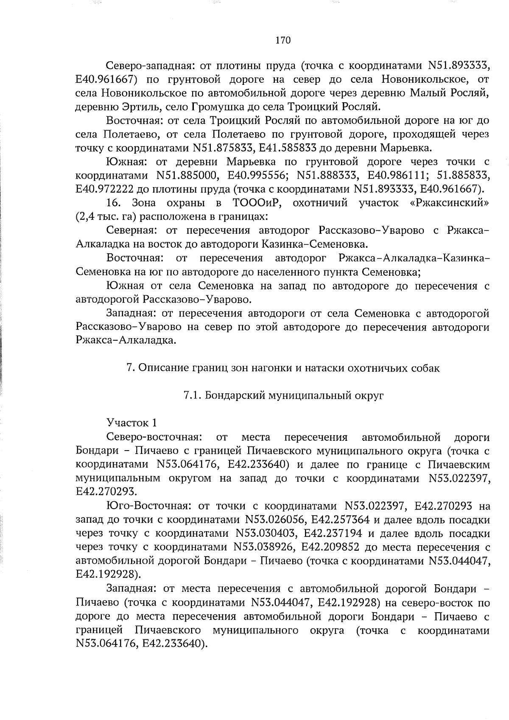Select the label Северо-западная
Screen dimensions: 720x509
pyautogui.click(x=150, y=66)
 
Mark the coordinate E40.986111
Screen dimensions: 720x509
pyautogui.click(x=399, y=175)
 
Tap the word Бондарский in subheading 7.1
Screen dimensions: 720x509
pyautogui.click(x=235, y=395)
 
